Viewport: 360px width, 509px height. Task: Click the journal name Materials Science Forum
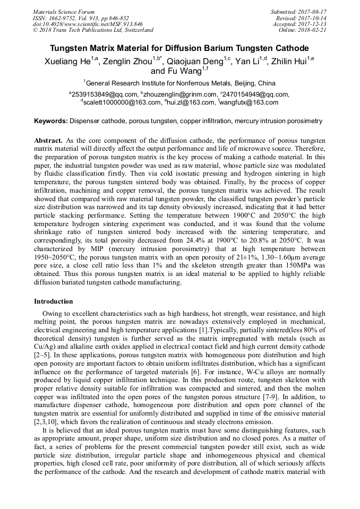click(64, 12)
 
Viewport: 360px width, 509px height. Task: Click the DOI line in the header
click(88, 24)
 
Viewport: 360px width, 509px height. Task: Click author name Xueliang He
click(66, 62)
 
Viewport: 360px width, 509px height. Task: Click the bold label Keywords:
click(51, 121)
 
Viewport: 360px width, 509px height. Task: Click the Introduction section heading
click(54, 301)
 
